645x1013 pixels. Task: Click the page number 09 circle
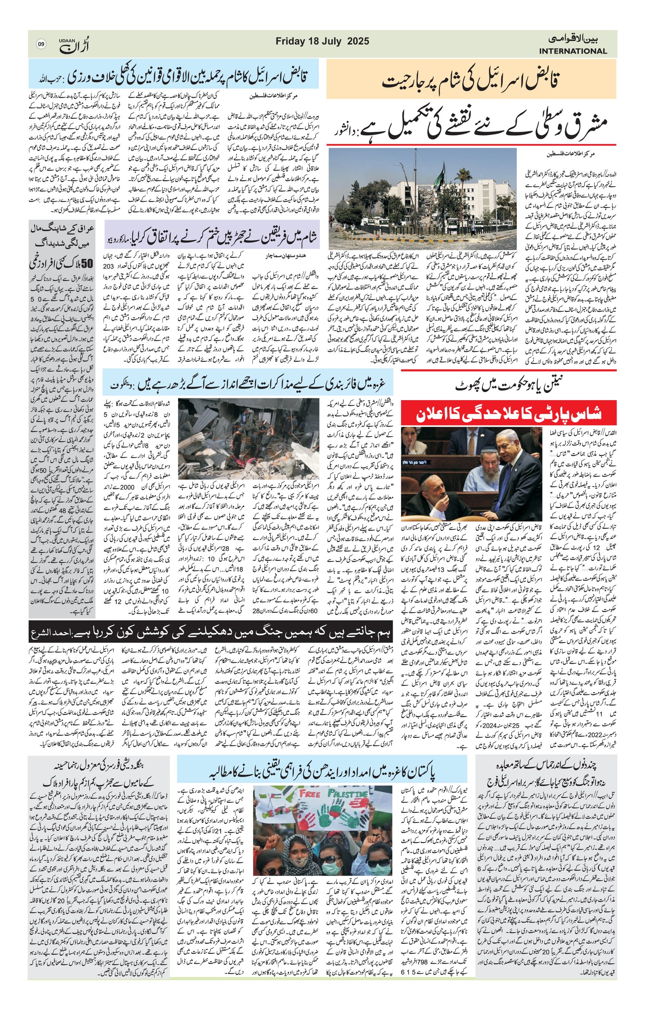[41, 44]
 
